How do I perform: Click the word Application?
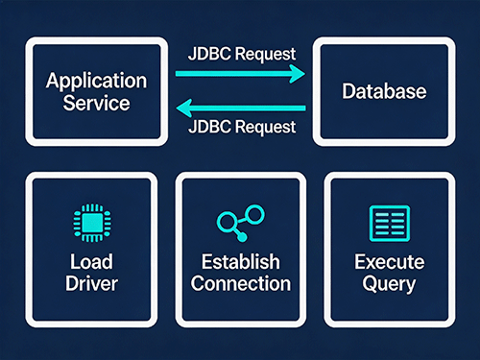(96, 82)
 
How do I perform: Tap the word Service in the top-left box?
(96, 103)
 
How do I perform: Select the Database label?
(384, 91)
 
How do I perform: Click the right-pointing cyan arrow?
(240, 74)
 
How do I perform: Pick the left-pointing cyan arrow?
(241, 108)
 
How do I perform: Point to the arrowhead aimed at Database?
(297, 74)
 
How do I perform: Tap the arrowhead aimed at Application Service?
(184, 108)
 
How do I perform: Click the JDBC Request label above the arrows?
(242, 54)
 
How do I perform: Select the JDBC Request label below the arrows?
(242, 127)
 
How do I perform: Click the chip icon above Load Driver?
(92, 223)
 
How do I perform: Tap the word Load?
(91, 261)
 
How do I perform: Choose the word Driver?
(91, 283)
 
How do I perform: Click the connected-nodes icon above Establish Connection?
(241, 223)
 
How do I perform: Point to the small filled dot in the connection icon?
(242, 237)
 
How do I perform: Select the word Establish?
(241, 261)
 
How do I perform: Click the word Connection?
(241, 283)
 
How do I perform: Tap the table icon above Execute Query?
(390, 224)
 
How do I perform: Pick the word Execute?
(390, 262)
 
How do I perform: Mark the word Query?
(389, 284)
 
